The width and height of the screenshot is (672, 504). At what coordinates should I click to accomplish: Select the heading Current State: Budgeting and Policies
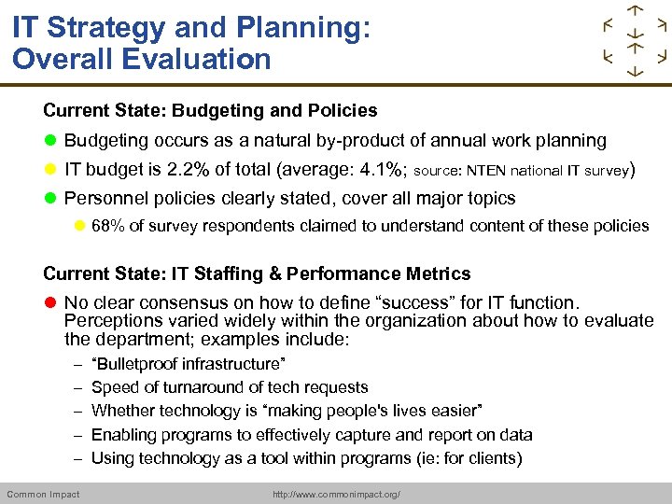[210, 111]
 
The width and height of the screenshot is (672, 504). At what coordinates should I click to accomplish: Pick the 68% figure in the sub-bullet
[106, 226]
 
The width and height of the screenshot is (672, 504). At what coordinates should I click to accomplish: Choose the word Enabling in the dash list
[123, 435]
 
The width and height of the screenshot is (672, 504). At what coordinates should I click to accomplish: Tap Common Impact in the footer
[43, 494]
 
